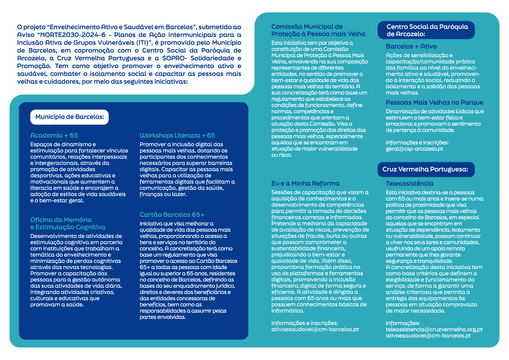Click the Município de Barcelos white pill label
click(x=70, y=117)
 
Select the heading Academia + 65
click(x=54, y=135)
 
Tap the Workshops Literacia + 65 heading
click(x=177, y=135)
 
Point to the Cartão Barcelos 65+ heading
click(x=172, y=215)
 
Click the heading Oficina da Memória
click(x=61, y=220)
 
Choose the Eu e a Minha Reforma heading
click(x=305, y=183)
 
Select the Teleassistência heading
click(x=410, y=183)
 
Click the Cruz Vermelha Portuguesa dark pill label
click(x=425, y=169)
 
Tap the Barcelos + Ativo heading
click(x=411, y=46)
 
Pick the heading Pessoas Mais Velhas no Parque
click(x=434, y=102)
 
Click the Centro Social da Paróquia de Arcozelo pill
click(x=426, y=30)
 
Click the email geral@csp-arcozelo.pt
click(x=414, y=149)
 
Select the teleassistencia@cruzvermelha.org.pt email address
click(x=434, y=330)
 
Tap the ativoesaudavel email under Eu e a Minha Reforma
click(x=315, y=330)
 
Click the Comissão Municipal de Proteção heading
click(x=318, y=30)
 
